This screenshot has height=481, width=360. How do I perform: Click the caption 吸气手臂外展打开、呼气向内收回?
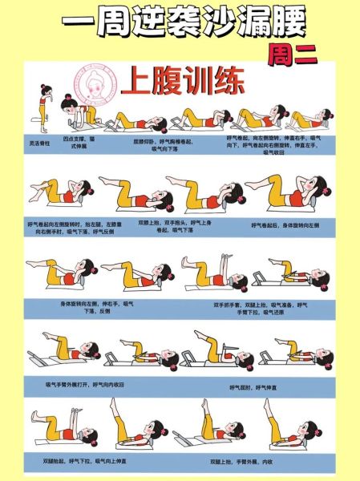tap(85, 384)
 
